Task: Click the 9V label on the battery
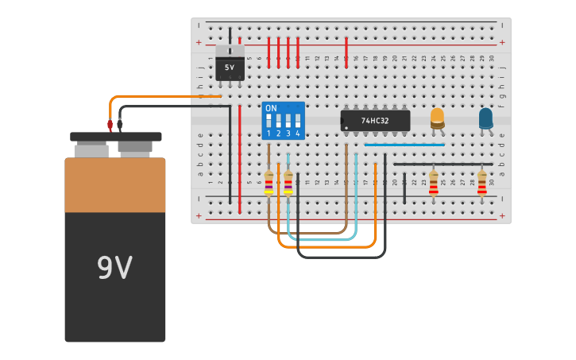114,269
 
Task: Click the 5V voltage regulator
230,67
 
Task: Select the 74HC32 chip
375,121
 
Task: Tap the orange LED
437,118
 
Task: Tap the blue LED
485,118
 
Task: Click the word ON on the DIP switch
271,108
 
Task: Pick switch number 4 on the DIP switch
298,122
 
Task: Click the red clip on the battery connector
110,125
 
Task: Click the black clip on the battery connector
120,125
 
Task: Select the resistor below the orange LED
433,183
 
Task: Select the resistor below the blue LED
481,183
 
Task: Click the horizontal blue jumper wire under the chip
405,145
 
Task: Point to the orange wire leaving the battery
159,96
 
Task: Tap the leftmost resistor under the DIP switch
269,183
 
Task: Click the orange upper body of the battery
114,184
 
